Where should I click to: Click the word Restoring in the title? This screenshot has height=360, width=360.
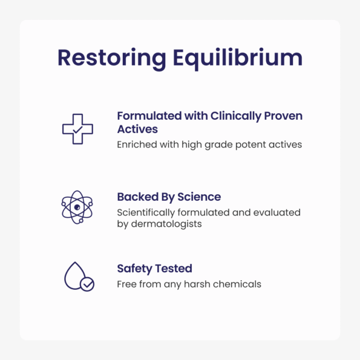(x=112, y=59)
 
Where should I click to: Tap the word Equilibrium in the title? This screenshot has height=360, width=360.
(x=238, y=59)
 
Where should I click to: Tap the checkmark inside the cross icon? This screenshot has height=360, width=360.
(x=77, y=129)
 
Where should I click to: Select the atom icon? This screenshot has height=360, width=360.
(x=77, y=207)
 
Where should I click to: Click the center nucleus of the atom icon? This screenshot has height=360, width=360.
(x=77, y=207)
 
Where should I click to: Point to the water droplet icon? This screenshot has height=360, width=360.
(x=75, y=275)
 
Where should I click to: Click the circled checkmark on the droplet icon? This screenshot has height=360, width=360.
(x=87, y=284)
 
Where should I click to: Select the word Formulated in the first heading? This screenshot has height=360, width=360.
(x=149, y=116)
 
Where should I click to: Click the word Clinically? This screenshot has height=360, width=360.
(x=236, y=117)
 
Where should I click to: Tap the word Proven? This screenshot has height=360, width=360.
(x=283, y=116)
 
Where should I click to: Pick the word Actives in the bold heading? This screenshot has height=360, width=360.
(x=137, y=129)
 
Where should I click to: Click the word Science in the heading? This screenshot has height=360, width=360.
(x=199, y=197)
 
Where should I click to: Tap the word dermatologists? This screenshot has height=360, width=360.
(x=166, y=224)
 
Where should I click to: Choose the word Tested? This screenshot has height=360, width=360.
(x=174, y=269)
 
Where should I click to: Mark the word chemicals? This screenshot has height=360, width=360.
(x=237, y=284)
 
